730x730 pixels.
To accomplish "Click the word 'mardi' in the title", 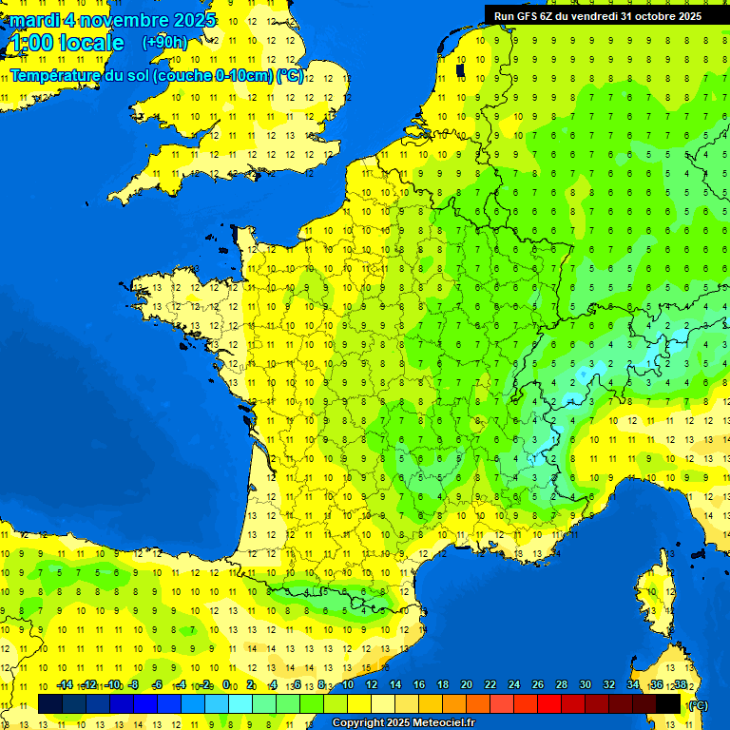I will pos(34,20).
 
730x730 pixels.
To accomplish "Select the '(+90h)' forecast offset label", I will pos(165,42).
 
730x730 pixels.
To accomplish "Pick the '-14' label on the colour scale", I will pos(65,684).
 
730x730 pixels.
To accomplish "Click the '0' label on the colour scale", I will pos(226,684).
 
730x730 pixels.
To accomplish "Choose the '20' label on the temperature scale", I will pos(466,684).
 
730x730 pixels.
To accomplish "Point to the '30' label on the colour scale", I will pos(585,684).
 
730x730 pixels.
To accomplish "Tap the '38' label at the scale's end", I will pos(680,684).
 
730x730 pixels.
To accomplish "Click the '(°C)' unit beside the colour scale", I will pos(698,704).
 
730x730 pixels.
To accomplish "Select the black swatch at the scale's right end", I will pos(668,703).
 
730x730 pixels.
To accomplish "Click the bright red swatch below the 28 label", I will pos(549,703).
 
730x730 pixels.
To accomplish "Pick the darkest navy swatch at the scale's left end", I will pos(50,703).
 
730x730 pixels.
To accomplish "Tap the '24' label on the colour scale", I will pos(513,684).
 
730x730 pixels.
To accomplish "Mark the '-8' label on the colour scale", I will pos(134,684).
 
